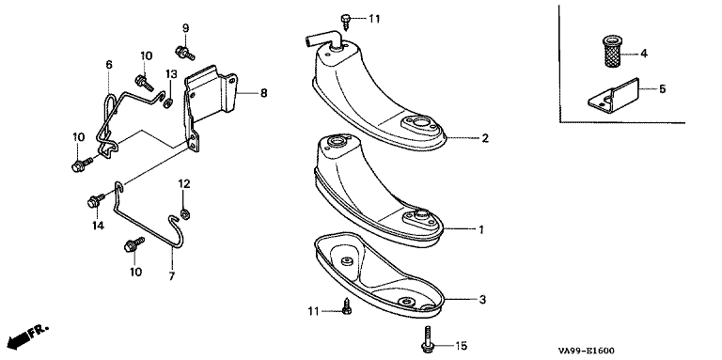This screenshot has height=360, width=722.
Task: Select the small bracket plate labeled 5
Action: click(x=614, y=95)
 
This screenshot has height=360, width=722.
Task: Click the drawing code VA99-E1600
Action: click(x=587, y=351)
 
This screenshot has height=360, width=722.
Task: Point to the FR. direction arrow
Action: click(x=28, y=336)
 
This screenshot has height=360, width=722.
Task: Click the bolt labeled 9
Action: click(x=184, y=53)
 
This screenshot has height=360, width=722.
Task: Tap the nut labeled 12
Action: click(x=185, y=214)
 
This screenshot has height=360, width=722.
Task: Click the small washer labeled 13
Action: click(x=169, y=102)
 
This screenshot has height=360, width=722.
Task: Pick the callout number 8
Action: click(x=263, y=93)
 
